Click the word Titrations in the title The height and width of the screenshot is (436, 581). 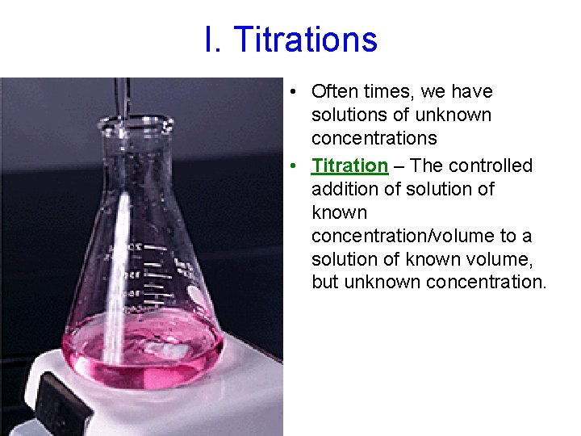point(306,40)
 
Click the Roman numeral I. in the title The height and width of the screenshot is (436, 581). point(213,40)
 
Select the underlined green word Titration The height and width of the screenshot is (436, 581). point(349,166)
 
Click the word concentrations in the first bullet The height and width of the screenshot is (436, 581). point(374,138)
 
